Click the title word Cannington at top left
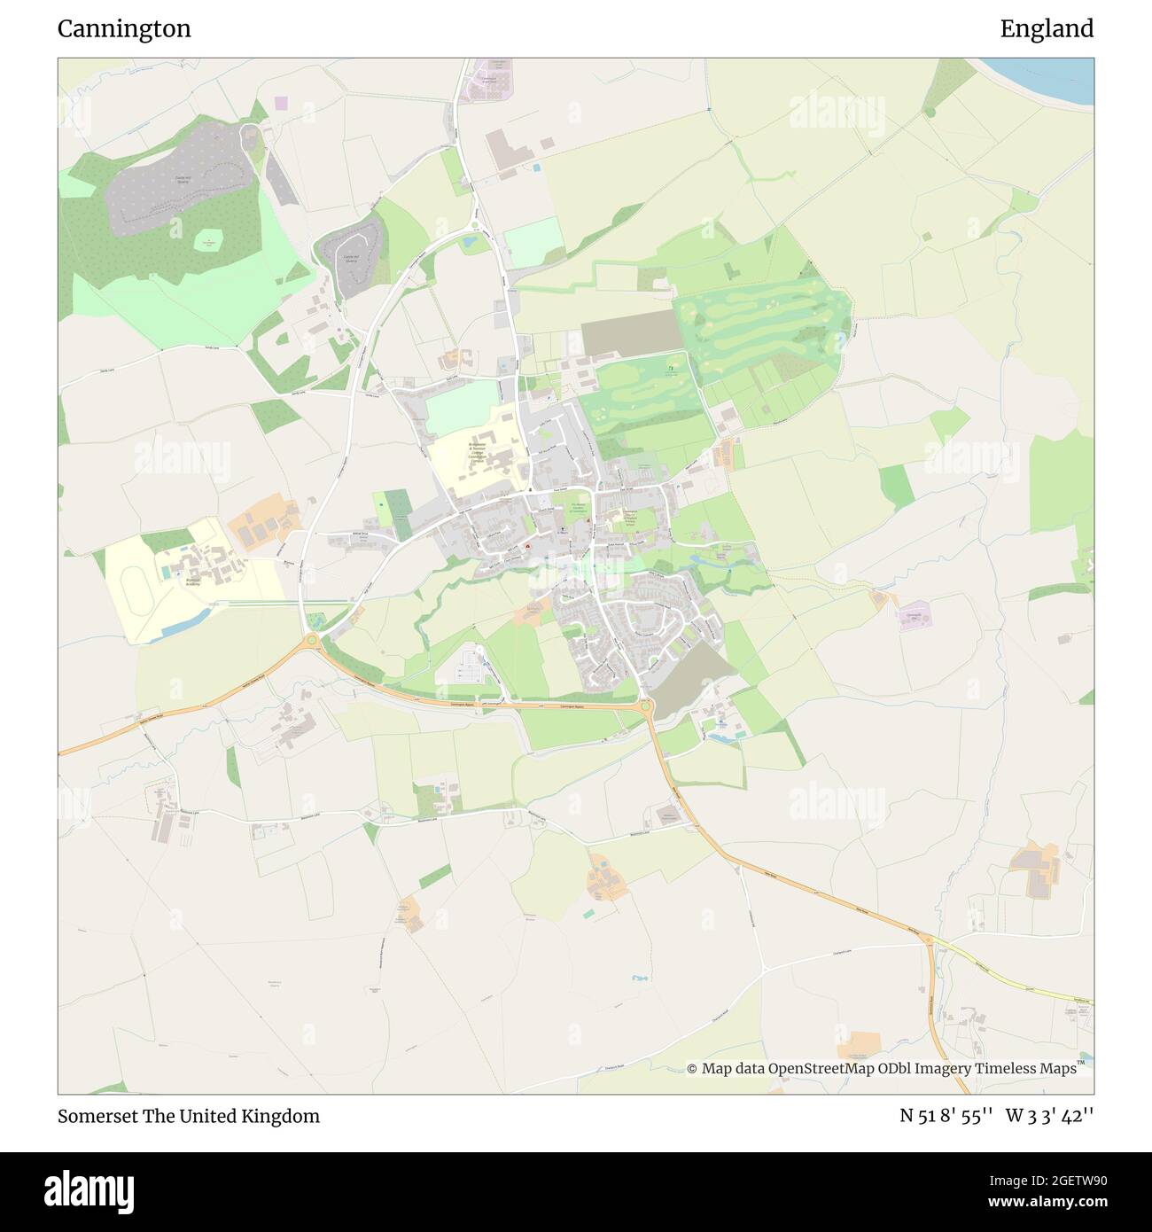124,29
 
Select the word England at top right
1047,29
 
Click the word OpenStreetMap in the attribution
822,1069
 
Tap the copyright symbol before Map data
692,1069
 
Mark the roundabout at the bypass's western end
311,640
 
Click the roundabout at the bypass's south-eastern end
645,706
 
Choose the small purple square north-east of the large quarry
281,104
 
